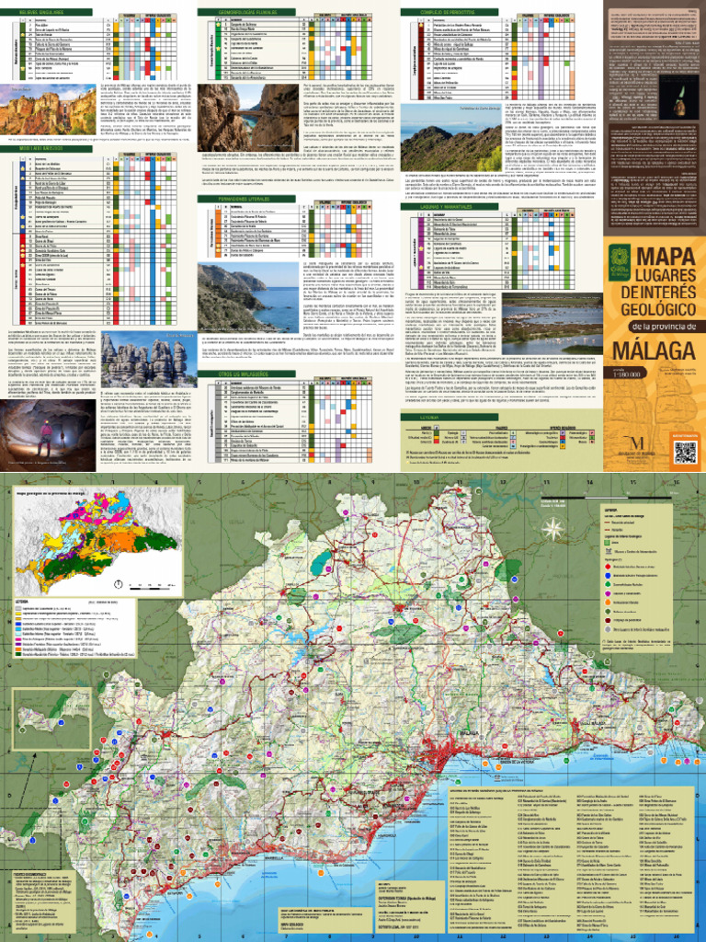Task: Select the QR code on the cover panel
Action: pyautogui.click(x=685, y=453)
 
